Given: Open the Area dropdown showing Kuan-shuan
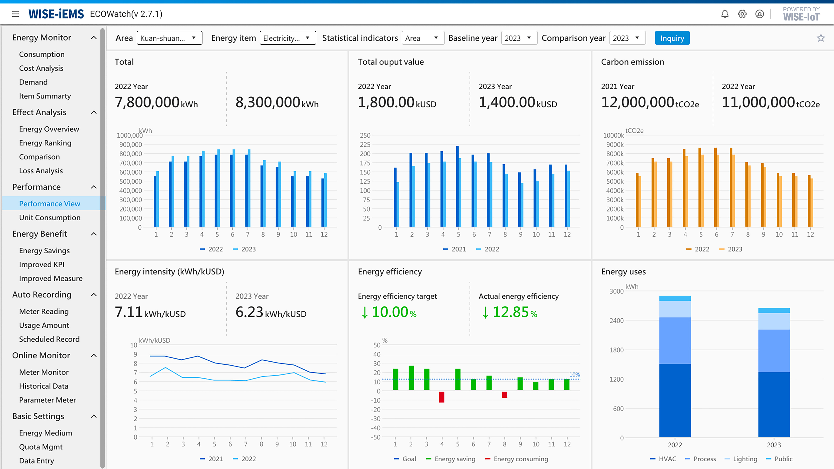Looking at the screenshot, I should (169, 38).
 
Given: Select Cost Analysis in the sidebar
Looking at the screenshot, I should (41, 68).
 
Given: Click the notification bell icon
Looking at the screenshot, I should (725, 14).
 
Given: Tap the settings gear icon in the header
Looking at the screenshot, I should (742, 14).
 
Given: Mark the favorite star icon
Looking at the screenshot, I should (821, 38).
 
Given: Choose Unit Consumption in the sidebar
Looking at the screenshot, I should (50, 217).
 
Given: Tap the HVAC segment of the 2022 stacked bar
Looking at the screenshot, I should (675, 400).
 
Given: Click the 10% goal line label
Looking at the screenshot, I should (574, 375).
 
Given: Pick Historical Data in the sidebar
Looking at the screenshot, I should (44, 386).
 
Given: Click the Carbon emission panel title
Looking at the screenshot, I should (632, 62).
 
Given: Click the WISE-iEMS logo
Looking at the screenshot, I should (56, 14).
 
